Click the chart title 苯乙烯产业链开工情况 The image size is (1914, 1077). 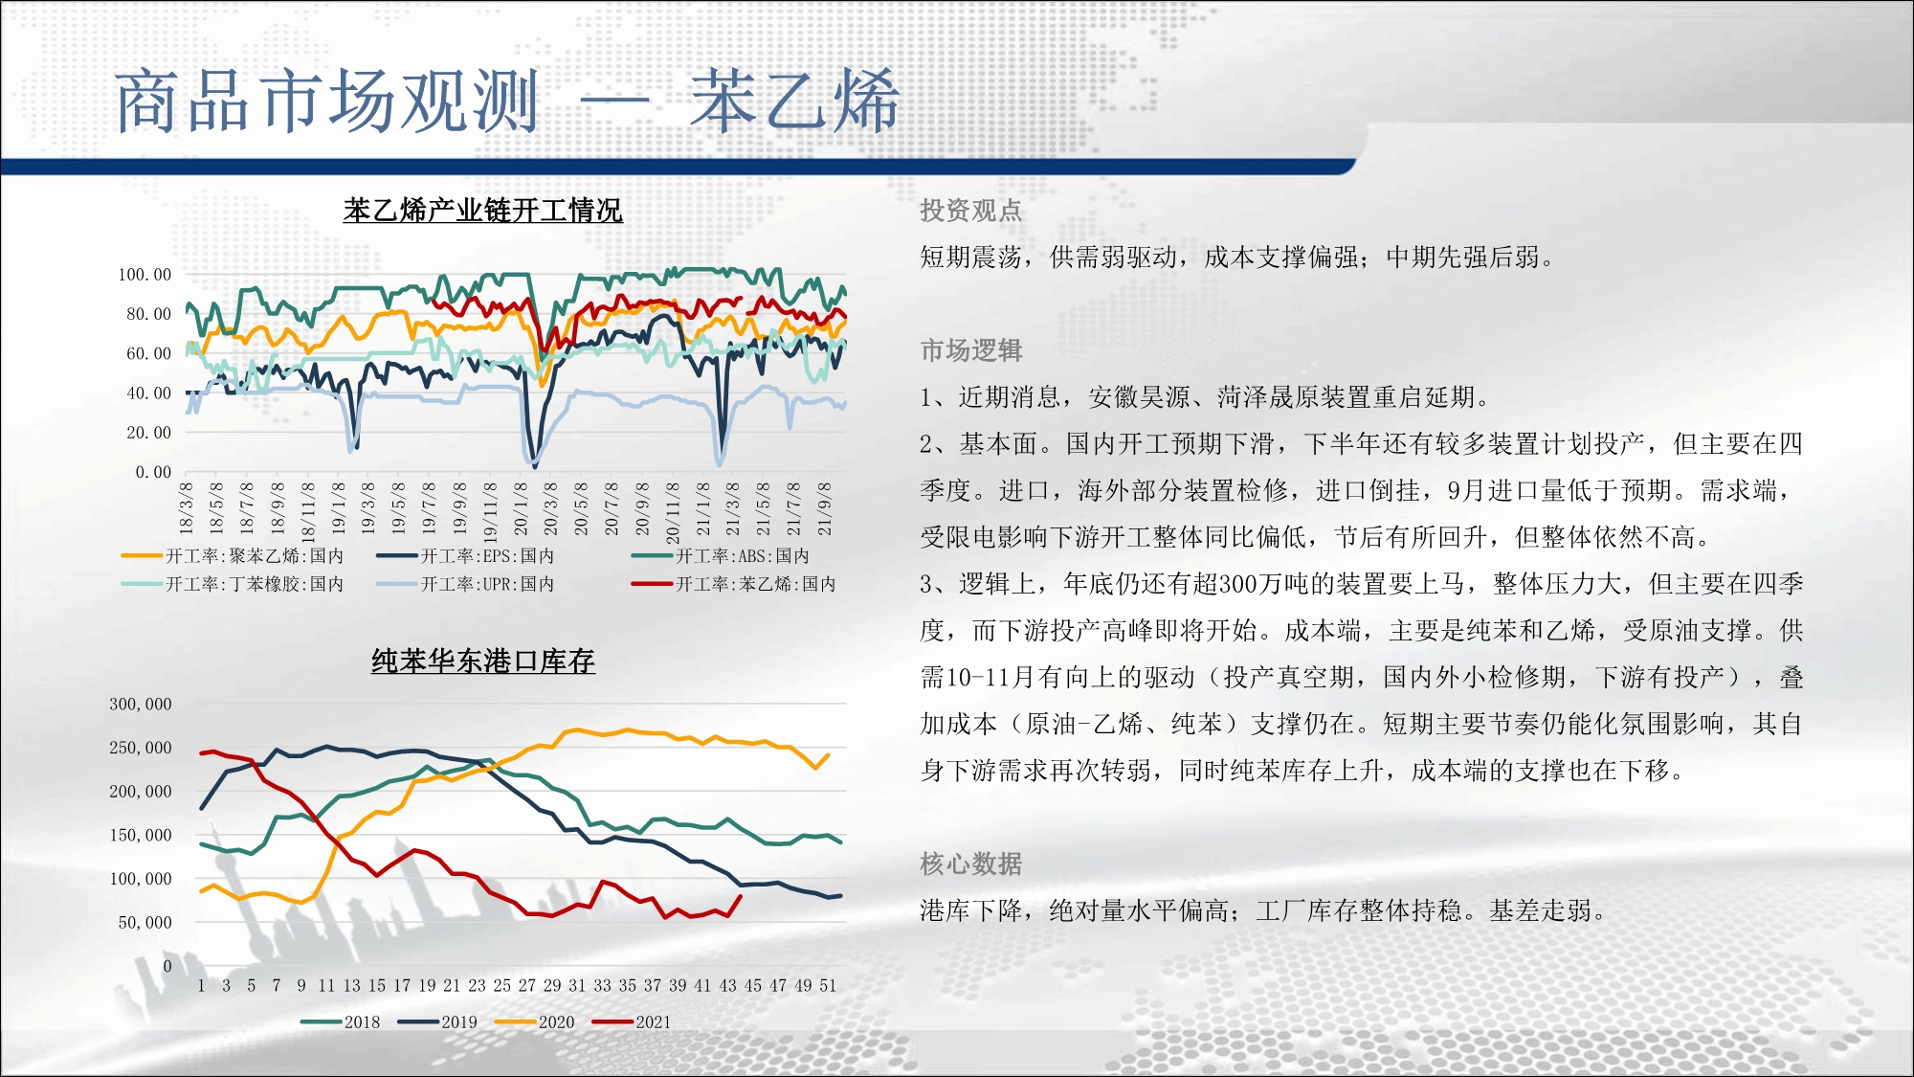(482, 210)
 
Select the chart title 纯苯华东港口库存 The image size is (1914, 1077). (482, 661)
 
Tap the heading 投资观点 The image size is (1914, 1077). (970, 211)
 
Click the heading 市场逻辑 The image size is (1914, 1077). (970, 350)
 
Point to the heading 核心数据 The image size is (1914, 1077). (970, 864)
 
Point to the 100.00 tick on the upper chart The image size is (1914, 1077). (145, 275)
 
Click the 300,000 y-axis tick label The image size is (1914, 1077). (141, 705)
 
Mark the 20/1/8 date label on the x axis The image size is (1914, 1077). (521, 508)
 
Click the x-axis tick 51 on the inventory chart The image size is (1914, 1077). (828, 985)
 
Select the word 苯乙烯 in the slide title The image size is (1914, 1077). (794, 101)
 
